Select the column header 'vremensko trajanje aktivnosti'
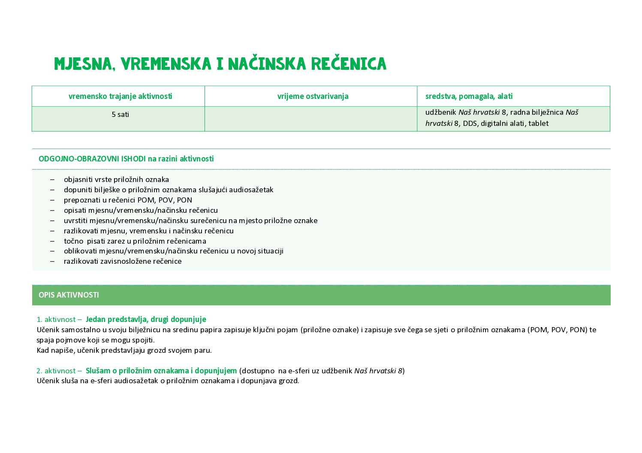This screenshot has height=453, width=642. (120, 96)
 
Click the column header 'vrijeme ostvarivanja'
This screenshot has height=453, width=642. (313, 96)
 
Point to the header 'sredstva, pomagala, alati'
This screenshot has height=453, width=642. (469, 96)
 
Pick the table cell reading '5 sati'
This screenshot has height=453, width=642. (120, 114)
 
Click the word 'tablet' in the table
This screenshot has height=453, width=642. (538, 123)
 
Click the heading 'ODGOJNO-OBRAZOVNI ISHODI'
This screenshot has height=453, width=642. (92, 159)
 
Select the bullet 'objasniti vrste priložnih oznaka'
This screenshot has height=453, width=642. (116, 179)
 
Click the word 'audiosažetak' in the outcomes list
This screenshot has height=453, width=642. (251, 190)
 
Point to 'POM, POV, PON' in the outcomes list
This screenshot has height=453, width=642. (165, 200)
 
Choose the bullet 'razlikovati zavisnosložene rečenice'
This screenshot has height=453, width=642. (123, 261)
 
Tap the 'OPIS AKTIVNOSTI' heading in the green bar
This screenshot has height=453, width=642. (69, 295)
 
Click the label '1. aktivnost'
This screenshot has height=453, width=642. (56, 319)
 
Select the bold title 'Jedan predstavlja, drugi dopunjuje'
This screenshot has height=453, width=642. (146, 319)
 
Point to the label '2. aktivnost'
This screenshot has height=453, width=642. (56, 371)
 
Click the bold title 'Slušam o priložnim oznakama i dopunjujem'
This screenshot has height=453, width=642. (161, 371)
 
